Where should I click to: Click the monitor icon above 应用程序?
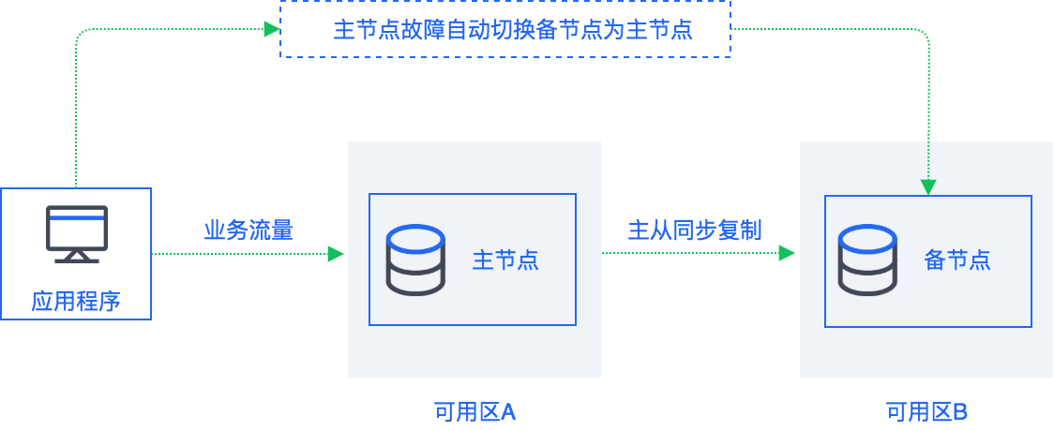tap(77, 234)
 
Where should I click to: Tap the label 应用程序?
tap(76, 302)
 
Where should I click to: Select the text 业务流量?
tap(248, 230)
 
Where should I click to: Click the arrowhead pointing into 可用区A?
tap(336, 254)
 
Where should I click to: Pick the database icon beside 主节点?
tap(415, 260)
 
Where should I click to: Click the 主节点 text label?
tap(505, 260)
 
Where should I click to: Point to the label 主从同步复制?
tap(694, 230)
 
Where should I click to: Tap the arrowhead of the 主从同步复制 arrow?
tap(787, 253)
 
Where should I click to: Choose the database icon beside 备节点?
tap(867, 260)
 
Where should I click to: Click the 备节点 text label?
tap(957, 260)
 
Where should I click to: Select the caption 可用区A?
tap(474, 411)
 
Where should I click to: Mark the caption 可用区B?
tap(926, 411)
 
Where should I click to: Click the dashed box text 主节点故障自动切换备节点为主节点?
tap(513, 30)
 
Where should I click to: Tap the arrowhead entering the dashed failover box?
tap(272, 29)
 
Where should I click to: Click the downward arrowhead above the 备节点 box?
tap(928, 187)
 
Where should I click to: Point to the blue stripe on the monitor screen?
tap(77, 216)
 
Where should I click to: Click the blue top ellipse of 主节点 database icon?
tap(415, 238)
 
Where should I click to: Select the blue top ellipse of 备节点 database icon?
tap(867, 238)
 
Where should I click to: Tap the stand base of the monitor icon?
tap(77, 260)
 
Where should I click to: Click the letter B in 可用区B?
tap(960, 411)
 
